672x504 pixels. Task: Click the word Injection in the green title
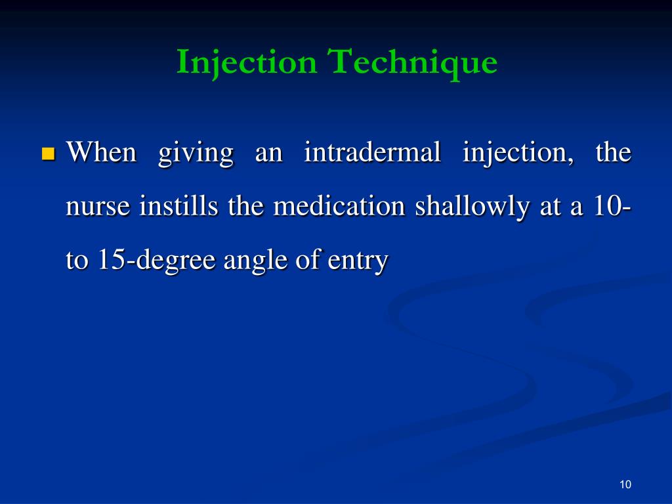246,63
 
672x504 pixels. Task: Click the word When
102,153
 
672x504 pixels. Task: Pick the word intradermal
373,153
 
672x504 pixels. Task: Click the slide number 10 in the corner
625,485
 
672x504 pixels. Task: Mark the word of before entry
301,261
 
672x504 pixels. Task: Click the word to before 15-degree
77,261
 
